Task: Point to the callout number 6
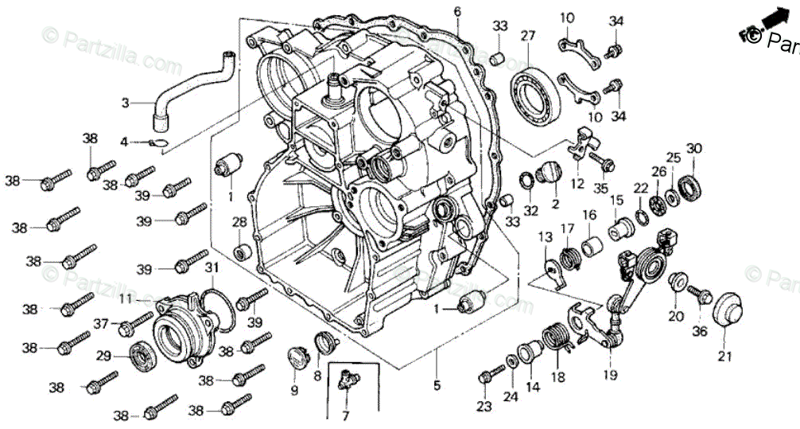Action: point(457,11)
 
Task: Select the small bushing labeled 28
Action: point(241,253)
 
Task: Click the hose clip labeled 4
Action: point(158,143)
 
